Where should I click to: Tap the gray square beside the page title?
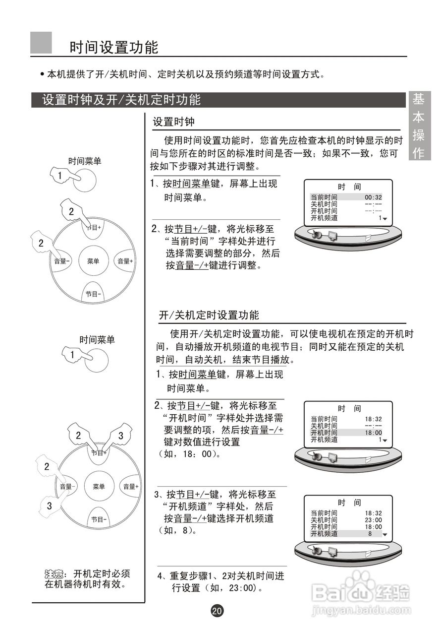41,43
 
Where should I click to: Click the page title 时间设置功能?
114,48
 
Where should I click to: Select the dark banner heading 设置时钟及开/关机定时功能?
121,100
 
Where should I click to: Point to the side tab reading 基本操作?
419,126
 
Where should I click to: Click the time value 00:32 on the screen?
373,197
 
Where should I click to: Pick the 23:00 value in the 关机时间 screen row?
373,520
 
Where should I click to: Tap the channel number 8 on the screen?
370,534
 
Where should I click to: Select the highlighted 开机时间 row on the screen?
346,433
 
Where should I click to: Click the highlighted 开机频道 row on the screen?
346,534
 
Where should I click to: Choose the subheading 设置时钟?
173,122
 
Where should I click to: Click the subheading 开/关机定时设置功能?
209,315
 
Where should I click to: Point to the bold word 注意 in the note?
53,574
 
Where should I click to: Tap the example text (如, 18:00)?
189,454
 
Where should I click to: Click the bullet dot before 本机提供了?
42,75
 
